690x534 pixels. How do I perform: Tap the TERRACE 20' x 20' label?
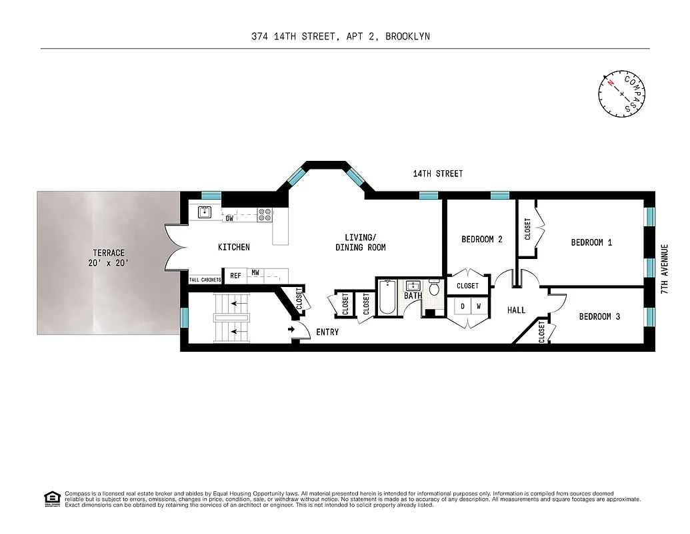pyautogui.click(x=109, y=258)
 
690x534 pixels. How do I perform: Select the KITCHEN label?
pyautogui.click(x=234, y=248)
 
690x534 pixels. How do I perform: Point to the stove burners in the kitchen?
pyautogui.click(x=265, y=214)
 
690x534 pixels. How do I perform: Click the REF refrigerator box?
pyautogui.click(x=235, y=276)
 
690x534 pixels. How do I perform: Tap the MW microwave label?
pyautogui.click(x=255, y=273)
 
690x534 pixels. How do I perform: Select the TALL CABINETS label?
pyautogui.click(x=205, y=280)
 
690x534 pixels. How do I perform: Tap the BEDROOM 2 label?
pyautogui.click(x=481, y=240)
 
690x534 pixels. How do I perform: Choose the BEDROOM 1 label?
pyautogui.click(x=591, y=242)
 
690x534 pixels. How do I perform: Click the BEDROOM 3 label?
pyautogui.click(x=599, y=316)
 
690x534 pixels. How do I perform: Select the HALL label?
pyautogui.click(x=516, y=310)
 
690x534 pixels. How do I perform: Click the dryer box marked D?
pyautogui.click(x=461, y=307)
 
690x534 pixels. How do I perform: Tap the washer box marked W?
pyautogui.click(x=478, y=307)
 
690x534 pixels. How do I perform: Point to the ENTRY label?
pyautogui.click(x=327, y=332)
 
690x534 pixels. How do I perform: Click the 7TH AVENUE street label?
pyautogui.click(x=664, y=270)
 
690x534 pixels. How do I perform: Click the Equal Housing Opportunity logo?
pyautogui.click(x=51, y=498)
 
